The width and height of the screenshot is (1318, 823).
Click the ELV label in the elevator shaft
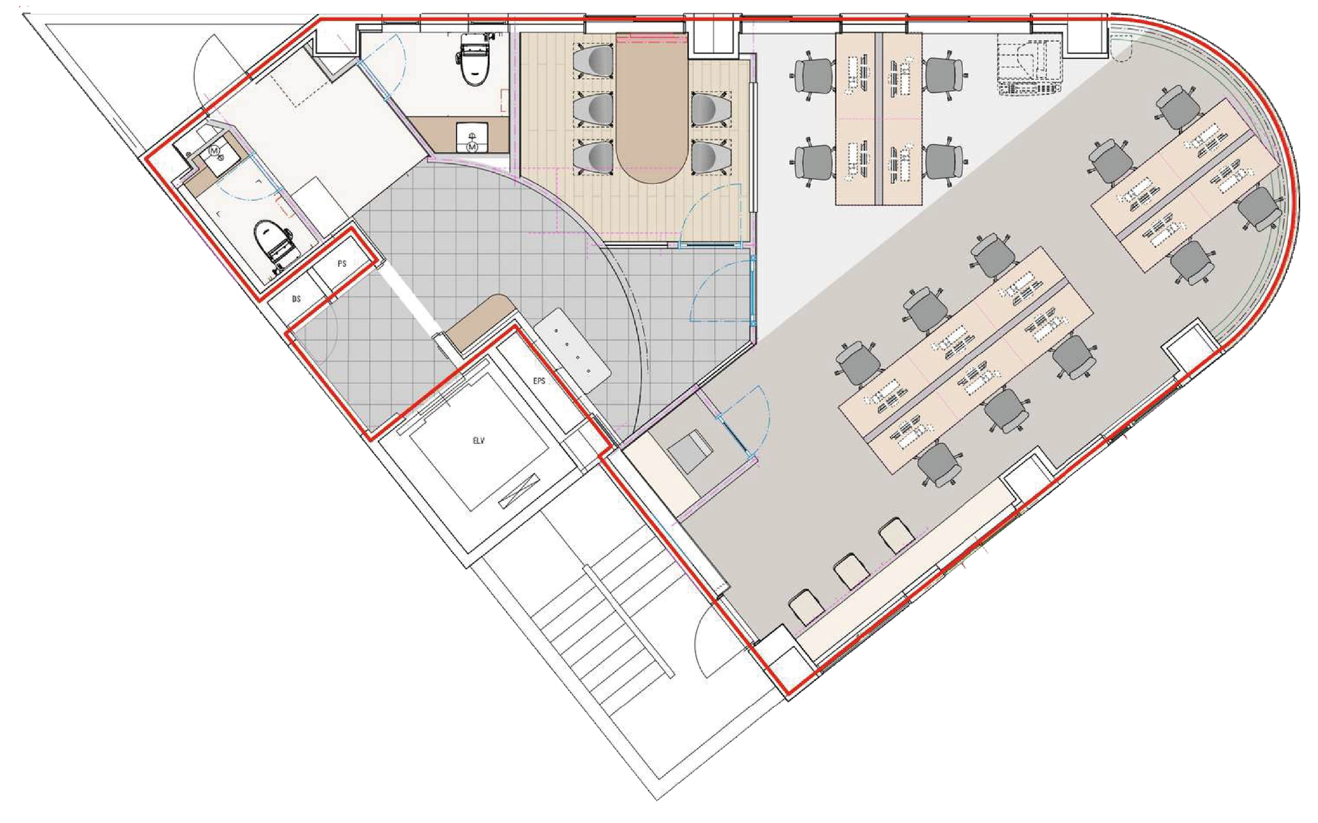[x=478, y=441]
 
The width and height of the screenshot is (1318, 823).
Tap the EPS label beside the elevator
[x=539, y=381]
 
